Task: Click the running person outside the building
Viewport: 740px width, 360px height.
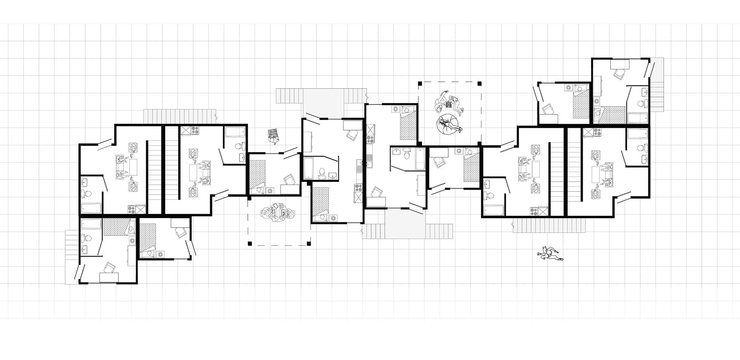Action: (x=549, y=254)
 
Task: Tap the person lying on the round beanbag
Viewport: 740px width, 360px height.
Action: (x=449, y=124)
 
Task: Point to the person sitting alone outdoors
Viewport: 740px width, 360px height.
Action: (x=273, y=135)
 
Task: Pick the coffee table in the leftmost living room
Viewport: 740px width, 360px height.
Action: (x=133, y=166)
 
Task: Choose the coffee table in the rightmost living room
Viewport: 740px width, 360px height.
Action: (x=596, y=176)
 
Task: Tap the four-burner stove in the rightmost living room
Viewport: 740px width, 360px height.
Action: (x=597, y=132)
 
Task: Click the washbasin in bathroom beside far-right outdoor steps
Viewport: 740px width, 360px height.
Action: (x=644, y=93)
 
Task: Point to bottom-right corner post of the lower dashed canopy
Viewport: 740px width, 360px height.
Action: (x=309, y=243)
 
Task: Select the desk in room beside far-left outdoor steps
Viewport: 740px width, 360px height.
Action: (x=109, y=277)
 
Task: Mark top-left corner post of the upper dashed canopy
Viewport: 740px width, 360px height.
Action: (x=419, y=83)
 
